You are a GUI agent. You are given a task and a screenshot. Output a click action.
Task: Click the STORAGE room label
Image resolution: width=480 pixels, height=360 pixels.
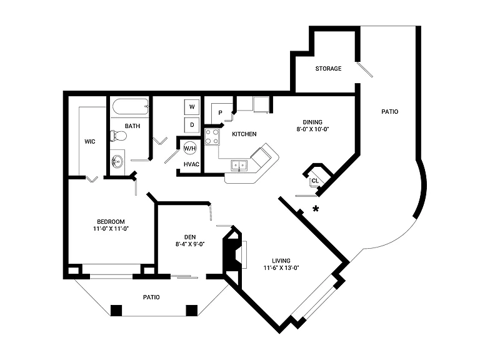[328, 69]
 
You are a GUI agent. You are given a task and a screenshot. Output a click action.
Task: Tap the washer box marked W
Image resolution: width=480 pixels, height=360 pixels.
[192, 107]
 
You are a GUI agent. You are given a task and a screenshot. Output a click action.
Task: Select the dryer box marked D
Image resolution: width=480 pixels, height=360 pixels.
[192, 125]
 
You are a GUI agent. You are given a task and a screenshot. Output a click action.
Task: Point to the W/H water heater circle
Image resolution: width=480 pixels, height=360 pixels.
[190, 149]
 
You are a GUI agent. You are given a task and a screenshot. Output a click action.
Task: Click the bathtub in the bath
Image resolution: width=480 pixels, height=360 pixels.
[130, 106]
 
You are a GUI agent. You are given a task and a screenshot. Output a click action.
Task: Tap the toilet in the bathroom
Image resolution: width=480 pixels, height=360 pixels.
[119, 136]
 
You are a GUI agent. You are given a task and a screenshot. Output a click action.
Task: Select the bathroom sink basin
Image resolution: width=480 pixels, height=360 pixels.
[117, 161]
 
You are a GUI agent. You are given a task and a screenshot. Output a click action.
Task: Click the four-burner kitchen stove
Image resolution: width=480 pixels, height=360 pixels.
[212, 137]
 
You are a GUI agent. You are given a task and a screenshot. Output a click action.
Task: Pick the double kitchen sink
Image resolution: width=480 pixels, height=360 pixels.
[239, 165]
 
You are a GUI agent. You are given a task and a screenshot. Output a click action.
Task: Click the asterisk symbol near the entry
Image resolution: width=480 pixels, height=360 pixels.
[316, 209]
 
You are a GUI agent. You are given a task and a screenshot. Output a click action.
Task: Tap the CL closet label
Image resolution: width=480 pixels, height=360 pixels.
[315, 181]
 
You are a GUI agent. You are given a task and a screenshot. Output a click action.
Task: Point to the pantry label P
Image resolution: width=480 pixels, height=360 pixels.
[220, 113]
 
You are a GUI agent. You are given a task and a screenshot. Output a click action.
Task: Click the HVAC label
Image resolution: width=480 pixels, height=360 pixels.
[191, 164]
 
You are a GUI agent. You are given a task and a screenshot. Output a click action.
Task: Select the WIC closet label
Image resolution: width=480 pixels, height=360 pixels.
[90, 141]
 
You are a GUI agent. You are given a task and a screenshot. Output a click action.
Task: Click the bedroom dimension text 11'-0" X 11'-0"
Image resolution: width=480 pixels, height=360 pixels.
[111, 229]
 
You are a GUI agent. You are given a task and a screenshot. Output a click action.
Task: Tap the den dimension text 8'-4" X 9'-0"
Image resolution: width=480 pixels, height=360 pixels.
[190, 244]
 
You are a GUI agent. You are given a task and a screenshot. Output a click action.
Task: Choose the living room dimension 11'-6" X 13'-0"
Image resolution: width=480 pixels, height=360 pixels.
[281, 268]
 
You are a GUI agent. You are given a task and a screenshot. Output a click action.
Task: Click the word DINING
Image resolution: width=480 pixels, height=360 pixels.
[312, 122]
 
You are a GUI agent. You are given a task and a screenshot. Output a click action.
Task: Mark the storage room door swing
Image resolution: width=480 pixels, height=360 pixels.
[364, 70]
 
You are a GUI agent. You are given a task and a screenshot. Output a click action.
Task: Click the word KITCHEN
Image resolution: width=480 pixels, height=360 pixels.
[244, 134]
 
